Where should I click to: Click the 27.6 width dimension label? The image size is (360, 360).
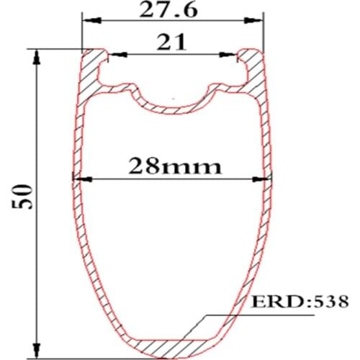[x=171, y=9]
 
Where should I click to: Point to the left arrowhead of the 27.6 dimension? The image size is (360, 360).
[x=86, y=21]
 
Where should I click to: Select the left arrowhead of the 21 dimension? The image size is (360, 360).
[x=112, y=54]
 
